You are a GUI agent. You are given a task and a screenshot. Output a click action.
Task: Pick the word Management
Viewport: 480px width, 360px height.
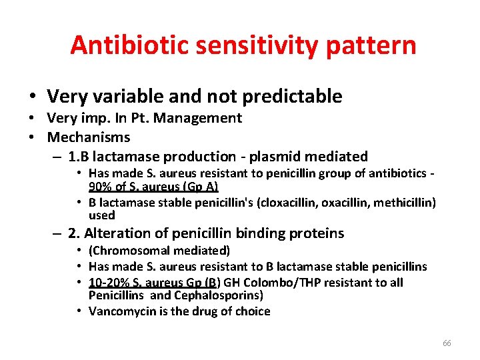pyautogui.click(x=202, y=118)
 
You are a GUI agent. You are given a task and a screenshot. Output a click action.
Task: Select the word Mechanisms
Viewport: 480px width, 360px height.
pyautogui.click(x=89, y=137)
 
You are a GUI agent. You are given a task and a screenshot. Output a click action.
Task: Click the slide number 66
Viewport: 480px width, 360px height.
pyautogui.click(x=447, y=343)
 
